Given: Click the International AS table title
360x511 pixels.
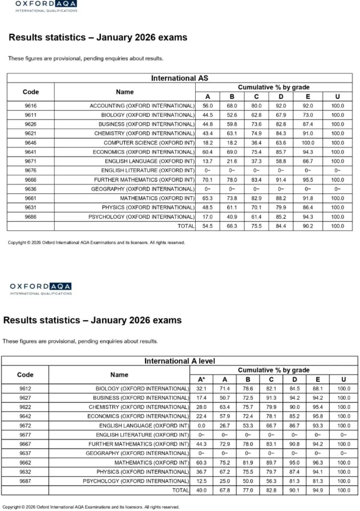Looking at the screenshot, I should click(x=179, y=78).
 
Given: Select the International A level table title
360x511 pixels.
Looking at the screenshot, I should click(x=179, y=361).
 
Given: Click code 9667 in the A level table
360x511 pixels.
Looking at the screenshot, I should click(x=25, y=444).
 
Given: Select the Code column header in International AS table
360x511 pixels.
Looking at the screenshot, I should click(x=31, y=91).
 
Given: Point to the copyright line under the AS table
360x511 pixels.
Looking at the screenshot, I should click(x=96, y=242).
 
